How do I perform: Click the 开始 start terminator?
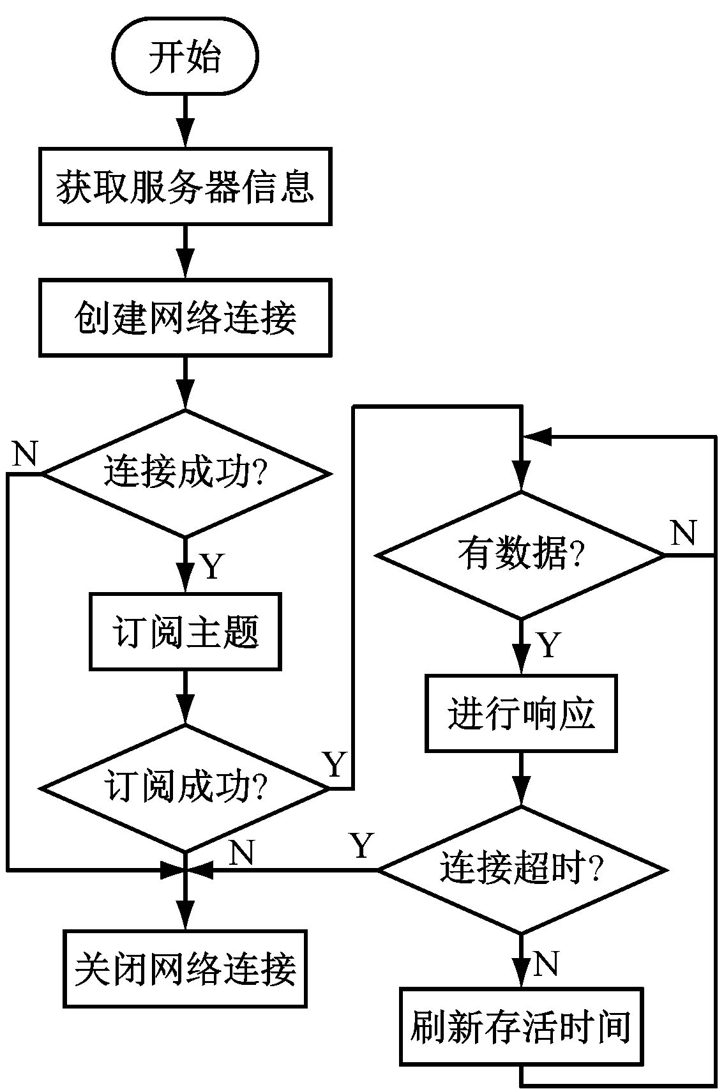(x=185, y=56)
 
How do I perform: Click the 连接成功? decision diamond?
(x=185, y=473)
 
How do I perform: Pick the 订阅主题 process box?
(x=185, y=632)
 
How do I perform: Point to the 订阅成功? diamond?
(x=185, y=788)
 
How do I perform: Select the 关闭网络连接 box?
(x=185, y=968)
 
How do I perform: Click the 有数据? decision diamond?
(x=521, y=554)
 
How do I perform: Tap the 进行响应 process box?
(x=521, y=713)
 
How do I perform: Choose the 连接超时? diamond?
(x=521, y=869)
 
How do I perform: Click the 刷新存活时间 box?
(x=521, y=1026)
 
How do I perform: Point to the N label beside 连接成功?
(x=26, y=454)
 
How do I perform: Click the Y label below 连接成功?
(x=212, y=566)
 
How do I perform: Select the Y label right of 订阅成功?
(x=335, y=764)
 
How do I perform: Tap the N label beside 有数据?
(x=683, y=533)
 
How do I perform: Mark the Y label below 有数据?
(x=548, y=645)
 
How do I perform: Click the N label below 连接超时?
(x=546, y=963)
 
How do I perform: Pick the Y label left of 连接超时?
(x=361, y=846)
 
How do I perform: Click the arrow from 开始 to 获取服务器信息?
(x=185, y=121)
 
